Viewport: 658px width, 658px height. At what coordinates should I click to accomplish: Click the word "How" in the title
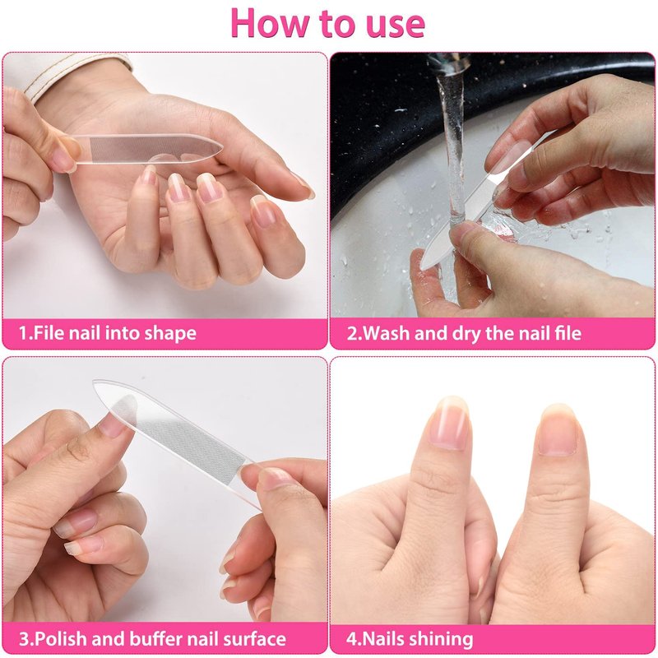click(269, 23)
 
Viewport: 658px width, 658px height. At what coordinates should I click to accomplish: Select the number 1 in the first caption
click(23, 333)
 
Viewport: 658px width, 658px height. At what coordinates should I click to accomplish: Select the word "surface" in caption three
click(254, 639)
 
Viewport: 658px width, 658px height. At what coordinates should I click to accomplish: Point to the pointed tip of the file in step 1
click(221, 147)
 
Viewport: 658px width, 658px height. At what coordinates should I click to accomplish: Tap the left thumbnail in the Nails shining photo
click(449, 424)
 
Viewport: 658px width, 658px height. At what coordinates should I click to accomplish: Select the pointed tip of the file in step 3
click(94, 382)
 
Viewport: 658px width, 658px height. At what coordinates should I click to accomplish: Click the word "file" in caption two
click(570, 333)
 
